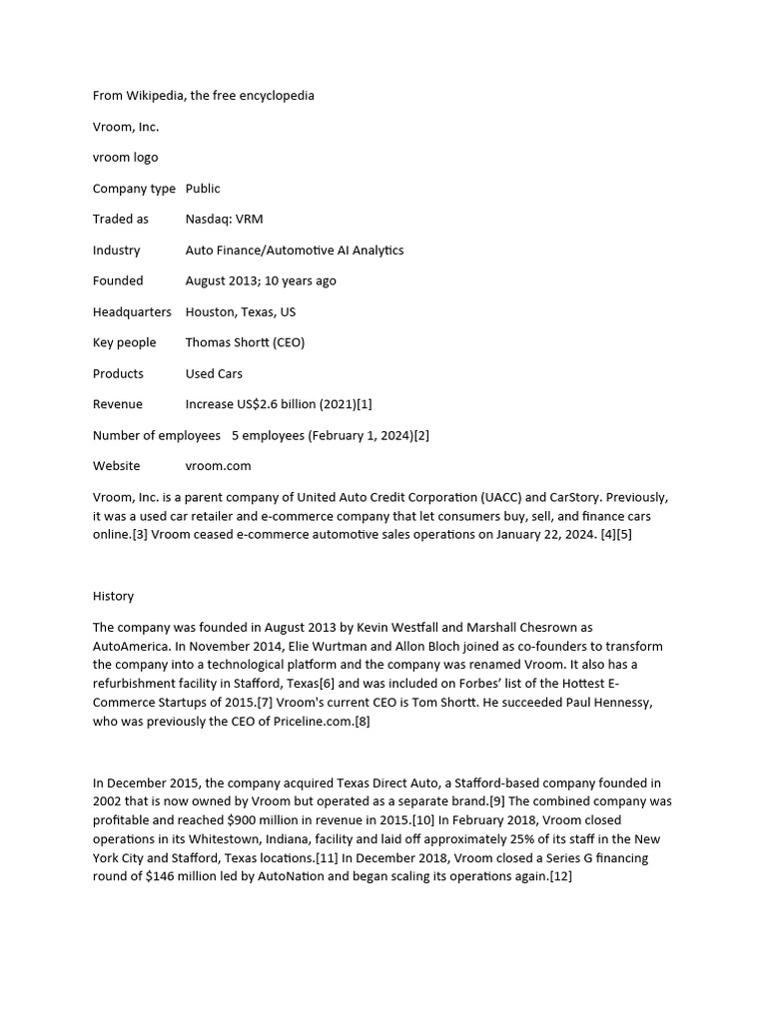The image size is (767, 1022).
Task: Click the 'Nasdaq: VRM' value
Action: (224, 219)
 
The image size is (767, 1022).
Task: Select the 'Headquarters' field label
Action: (132, 311)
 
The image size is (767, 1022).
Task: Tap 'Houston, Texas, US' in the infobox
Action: (240, 311)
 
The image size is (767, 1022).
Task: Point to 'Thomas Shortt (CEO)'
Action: (245, 342)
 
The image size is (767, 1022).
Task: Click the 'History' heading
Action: (113, 596)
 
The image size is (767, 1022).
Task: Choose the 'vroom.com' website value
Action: (218, 465)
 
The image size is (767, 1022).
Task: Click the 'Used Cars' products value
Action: (214, 373)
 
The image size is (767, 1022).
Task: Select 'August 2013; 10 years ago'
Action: (261, 280)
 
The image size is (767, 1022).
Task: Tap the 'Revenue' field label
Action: (118, 404)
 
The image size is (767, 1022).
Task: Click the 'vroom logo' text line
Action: (125, 157)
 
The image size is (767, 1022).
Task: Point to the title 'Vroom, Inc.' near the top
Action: (126, 127)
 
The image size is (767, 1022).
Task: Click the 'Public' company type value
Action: (203, 188)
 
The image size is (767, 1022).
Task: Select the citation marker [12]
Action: (561, 876)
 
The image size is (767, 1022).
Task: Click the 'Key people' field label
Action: (125, 342)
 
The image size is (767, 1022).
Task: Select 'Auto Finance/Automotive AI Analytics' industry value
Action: (295, 250)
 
